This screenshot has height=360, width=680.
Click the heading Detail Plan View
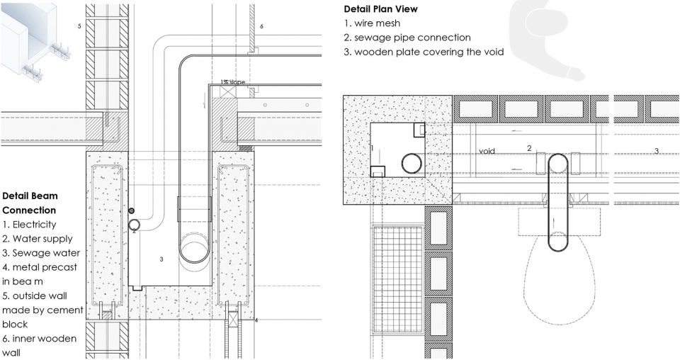381,9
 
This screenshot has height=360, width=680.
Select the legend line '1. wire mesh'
372,23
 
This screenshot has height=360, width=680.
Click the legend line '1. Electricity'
29,224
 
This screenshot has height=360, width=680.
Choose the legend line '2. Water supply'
38,239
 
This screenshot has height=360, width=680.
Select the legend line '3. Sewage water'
41,253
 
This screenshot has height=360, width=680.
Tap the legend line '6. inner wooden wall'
39,345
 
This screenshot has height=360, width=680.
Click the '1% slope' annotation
232,82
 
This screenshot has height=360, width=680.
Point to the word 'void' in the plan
487,151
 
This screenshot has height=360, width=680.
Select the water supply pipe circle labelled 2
135,225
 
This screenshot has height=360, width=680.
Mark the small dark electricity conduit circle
132,210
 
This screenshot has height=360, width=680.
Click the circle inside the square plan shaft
412,164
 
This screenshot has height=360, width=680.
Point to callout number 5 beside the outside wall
79,26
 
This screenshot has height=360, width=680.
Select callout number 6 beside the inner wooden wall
261,26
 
